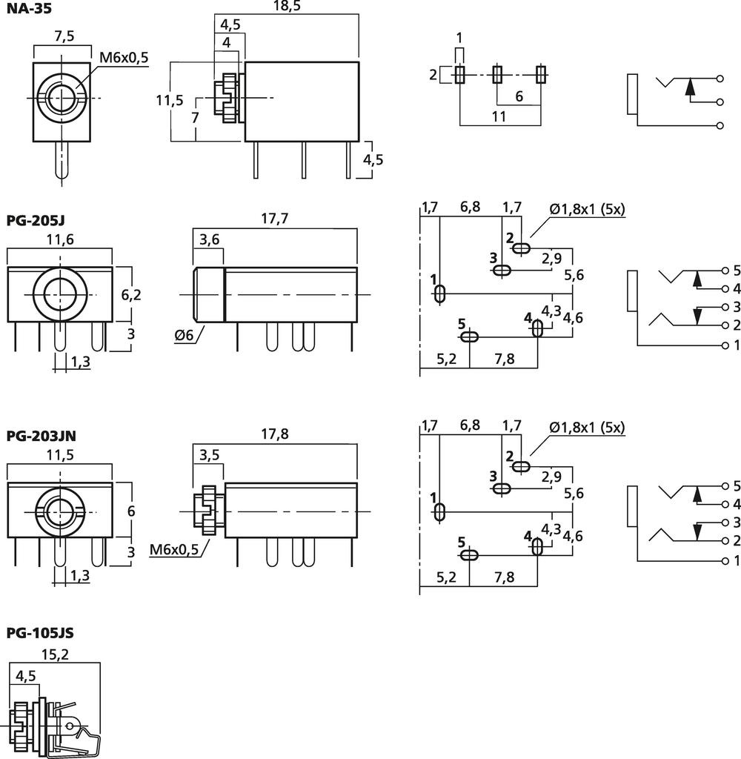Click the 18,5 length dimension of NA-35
(x=285, y=7)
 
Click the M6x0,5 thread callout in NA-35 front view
(x=123, y=57)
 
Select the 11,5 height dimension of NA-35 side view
(x=170, y=101)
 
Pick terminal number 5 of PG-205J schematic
(x=736, y=270)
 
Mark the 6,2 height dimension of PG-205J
(x=130, y=295)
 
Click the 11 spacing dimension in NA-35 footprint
(x=499, y=116)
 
